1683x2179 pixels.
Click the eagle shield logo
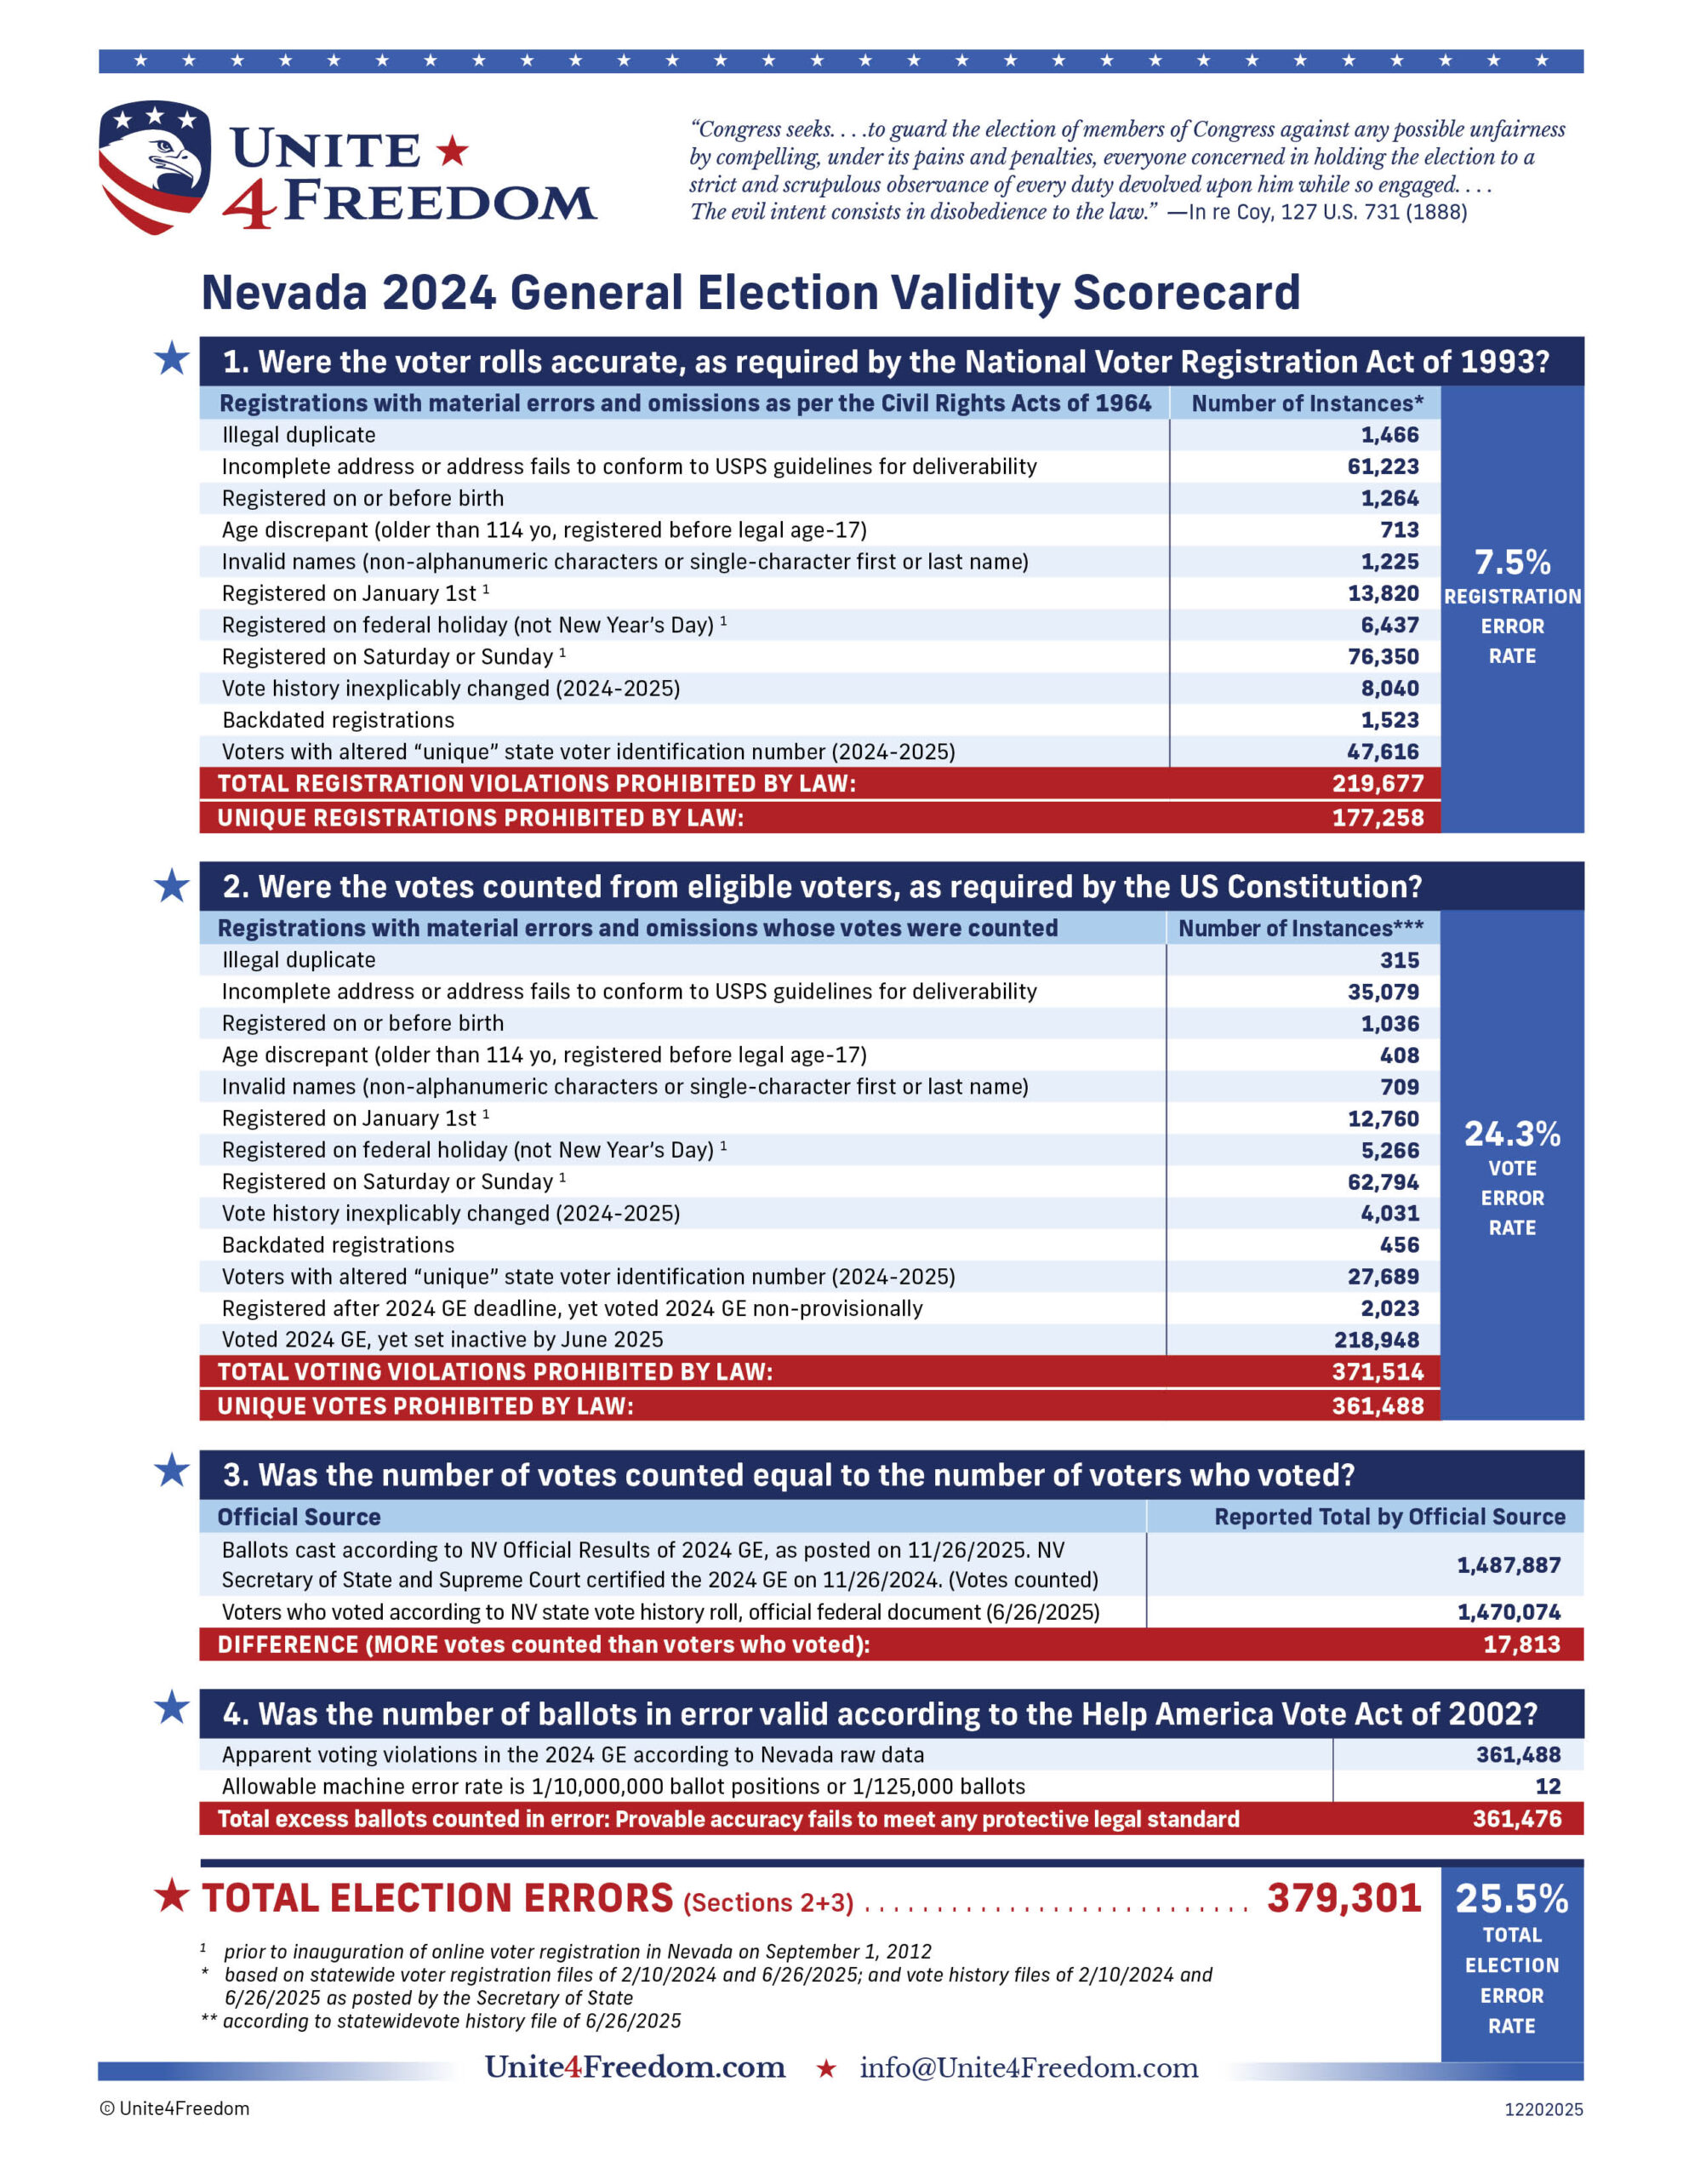click(155, 166)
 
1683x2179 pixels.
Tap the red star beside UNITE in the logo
click(452, 151)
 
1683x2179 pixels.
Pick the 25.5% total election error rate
click(1511, 1899)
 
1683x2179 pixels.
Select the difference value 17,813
click(1520, 1644)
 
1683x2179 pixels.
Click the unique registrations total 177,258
click(1377, 818)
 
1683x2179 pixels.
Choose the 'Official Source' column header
click(300, 1517)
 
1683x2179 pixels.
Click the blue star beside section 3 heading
click(172, 1470)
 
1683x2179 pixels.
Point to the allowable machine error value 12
click(1548, 1786)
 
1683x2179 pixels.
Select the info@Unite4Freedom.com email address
click(1029, 2067)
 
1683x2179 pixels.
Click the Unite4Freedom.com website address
click(635, 2067)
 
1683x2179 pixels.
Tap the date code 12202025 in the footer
click(1543, 2109)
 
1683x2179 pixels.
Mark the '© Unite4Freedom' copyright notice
click(174, 2108)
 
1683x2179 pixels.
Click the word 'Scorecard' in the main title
click(1186, 294)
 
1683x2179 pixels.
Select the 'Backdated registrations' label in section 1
click(338, 720)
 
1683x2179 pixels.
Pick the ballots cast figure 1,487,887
click(1508, 1564)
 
